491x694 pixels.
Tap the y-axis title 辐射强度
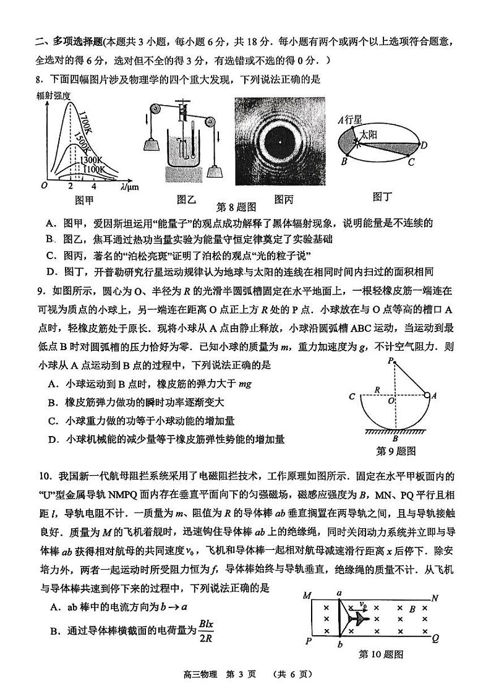54,95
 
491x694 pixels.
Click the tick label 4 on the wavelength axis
94,186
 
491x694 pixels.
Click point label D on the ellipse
424,145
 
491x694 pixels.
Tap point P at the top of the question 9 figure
390,360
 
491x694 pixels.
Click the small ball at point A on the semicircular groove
427,395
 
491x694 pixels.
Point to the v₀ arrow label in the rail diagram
365,606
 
